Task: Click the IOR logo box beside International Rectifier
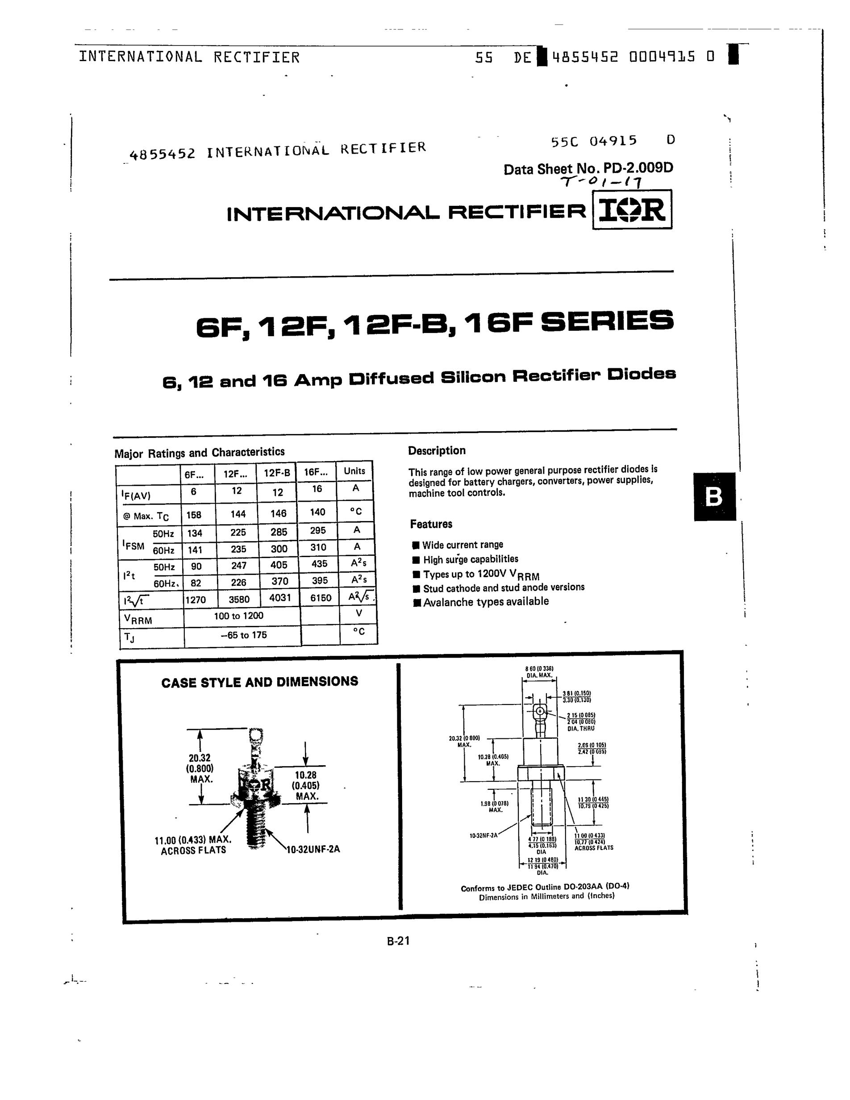[x=632, y=209]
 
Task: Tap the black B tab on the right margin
[x=714, y=496]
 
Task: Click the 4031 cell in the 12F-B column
[x=279, y=598]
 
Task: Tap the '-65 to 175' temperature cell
[x=243, y=635]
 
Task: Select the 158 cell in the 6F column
[x=194, y=515]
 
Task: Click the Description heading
[x=437, y=451]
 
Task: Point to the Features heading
[x=431, y=524]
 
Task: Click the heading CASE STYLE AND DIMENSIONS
[x=259, y=683]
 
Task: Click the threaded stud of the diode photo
[x=257, y=826]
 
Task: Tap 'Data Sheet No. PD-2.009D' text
[x=588, y=168]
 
